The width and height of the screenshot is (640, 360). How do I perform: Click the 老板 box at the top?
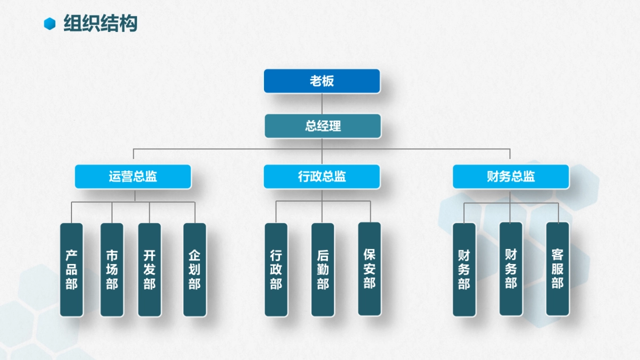(322, 81)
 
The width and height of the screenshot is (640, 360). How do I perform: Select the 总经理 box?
(323, 126)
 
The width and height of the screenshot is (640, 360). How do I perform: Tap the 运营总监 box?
(133, 177)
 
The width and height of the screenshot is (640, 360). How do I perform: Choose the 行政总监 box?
(322, 177)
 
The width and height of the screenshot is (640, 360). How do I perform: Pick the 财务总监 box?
(511, 177)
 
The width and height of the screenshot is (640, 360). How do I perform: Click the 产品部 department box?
(71, 269)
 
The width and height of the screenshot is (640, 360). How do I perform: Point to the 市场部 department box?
(112, 269)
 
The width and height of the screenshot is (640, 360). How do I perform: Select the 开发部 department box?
(149, 269)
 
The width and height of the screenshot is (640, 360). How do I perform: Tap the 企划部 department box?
(195, 269)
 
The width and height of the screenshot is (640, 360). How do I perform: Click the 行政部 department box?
(276, 269)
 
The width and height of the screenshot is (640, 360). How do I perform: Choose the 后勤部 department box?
(323, 269)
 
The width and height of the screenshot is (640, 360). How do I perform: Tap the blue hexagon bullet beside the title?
(50, 23)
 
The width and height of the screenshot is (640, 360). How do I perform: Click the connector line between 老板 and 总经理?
(322, 103)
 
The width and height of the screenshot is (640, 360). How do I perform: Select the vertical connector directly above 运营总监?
(133, 156)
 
